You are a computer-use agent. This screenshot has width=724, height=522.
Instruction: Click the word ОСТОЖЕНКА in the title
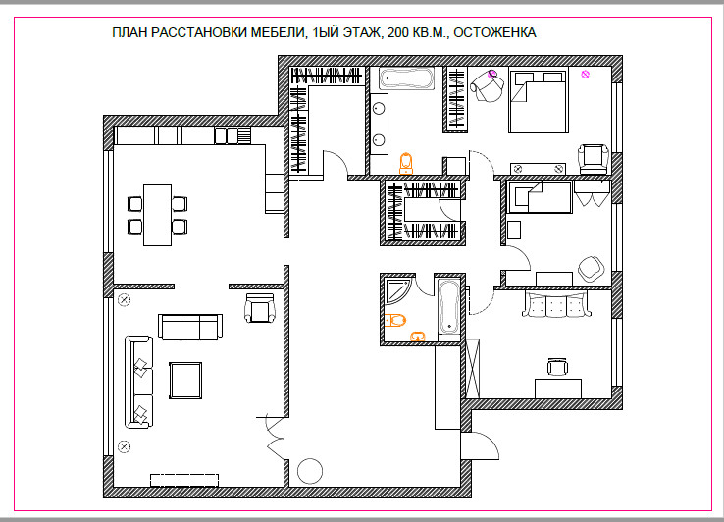[494, 33]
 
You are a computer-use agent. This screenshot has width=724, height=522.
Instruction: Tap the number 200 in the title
[397, 33]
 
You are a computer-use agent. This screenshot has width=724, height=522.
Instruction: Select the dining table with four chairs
[157, 215]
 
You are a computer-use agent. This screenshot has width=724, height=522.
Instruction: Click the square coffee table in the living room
[185, 381]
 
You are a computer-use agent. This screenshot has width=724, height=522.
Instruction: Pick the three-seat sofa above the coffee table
[190, 327]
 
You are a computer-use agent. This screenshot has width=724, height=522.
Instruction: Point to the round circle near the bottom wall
[310, 471]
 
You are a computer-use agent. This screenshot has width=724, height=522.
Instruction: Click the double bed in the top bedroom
[539, 101]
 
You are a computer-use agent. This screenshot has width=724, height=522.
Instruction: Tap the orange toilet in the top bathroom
[406, 163]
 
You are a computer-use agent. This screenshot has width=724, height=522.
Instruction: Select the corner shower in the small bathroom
[397, 290]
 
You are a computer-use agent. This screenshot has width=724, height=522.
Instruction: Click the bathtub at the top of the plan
[407, 78]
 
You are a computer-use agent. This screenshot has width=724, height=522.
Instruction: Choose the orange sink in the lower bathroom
[418, 337]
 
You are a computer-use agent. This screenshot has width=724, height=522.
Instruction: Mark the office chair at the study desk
[557, 366]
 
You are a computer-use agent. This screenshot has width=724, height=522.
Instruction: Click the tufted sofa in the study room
[556, 304]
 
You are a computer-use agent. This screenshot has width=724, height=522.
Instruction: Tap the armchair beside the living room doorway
[260, 308]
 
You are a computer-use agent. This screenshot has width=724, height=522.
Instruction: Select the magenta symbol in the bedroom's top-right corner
[585, 74]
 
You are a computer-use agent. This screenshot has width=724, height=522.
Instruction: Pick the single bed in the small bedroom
[540, 197]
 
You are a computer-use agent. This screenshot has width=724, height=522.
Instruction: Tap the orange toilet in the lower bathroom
[395, 320]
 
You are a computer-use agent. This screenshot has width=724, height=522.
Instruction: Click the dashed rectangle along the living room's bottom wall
[184, 480]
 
